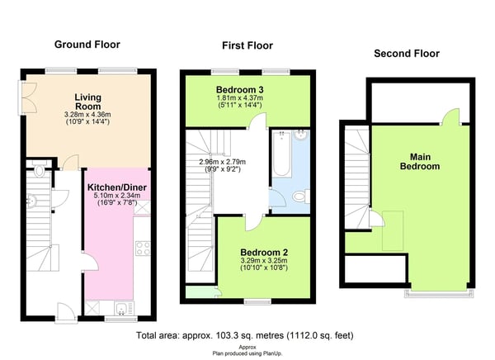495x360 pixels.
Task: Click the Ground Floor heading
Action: [87, 45]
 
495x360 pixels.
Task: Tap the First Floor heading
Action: [247, 45]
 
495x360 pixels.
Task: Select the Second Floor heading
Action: [407, 54]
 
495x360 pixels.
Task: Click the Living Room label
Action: [87, 102]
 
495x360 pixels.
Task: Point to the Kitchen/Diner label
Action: [117, 187]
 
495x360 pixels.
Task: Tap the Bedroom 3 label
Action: [240, 90]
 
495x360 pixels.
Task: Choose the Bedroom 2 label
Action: [264, 253]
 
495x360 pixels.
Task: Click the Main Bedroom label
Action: [420, 162]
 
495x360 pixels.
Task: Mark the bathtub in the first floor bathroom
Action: [282, 154]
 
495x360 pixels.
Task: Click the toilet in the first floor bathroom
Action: [301, 197]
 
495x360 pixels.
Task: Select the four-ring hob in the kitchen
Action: [143, 249]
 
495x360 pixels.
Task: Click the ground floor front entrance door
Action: [66, 313]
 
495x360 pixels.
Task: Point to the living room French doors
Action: [28, 98]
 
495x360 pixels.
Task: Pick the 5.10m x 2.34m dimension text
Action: [117, 196]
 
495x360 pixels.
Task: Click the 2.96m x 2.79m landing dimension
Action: [223, 162]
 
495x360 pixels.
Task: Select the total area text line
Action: [245, 335]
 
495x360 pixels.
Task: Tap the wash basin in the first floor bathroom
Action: [301, 135]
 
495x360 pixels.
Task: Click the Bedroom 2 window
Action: [257, 301]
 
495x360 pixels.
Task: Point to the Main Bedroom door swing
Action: [450, 116]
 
